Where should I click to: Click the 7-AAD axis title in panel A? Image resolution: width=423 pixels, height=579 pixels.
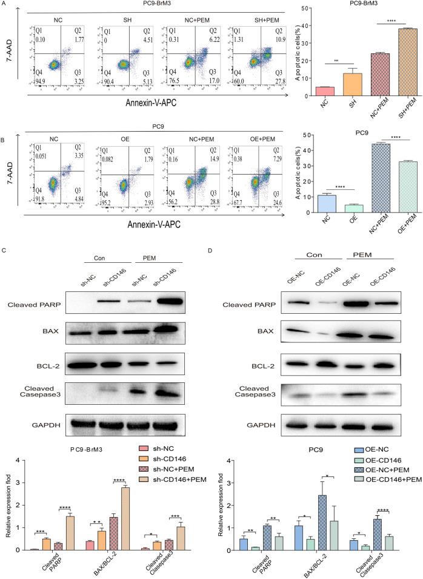pyautogui.click(x=8, y=46)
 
